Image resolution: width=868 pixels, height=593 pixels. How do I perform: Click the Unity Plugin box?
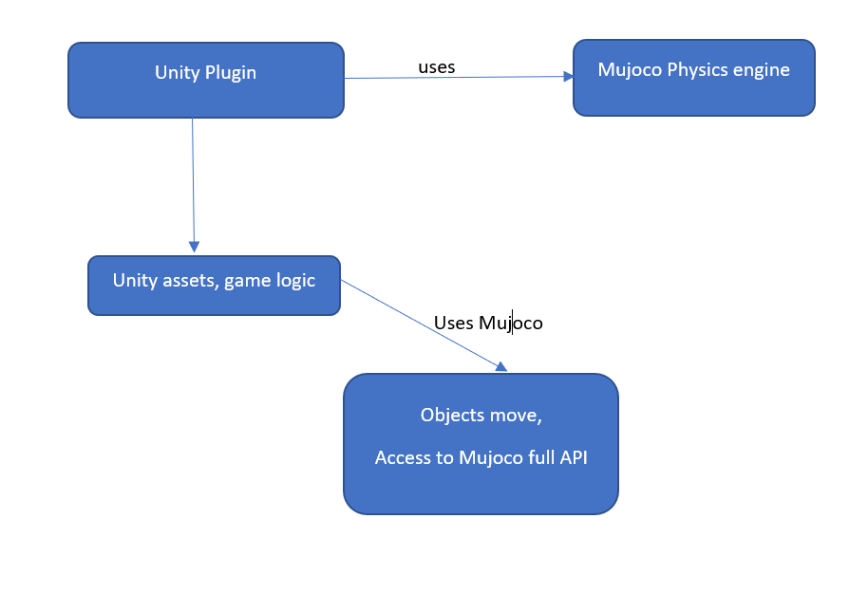205,81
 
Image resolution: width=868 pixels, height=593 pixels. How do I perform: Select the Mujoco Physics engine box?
693,78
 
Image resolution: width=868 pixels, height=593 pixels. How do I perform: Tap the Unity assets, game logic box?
214,285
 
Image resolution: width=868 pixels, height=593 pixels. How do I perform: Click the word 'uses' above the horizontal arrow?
437,67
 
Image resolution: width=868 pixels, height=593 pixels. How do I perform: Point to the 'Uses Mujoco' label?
488,323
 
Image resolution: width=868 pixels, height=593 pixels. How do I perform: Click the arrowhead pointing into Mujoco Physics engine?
567,77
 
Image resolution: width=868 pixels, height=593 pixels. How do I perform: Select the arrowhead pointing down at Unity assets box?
195,246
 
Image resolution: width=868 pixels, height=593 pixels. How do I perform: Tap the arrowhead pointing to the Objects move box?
500,367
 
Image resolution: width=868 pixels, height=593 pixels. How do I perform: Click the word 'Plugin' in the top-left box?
231,73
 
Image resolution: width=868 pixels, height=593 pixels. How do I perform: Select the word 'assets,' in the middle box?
193,281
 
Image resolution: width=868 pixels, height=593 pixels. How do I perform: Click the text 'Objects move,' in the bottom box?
481,416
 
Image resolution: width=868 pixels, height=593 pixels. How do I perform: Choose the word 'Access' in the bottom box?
403,457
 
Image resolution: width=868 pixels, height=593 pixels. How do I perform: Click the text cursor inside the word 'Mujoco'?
512,323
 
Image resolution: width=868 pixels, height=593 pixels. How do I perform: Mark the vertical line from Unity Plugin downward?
194,180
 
